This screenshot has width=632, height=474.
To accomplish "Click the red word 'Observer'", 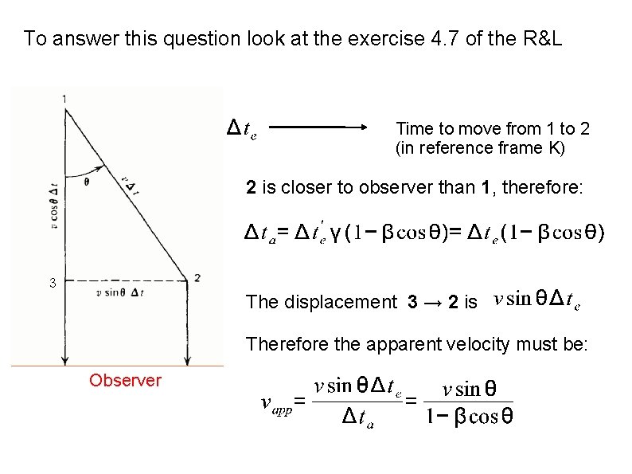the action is click(x=125, y=380).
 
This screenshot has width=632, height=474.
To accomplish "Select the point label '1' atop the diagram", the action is click(x=64, y=98).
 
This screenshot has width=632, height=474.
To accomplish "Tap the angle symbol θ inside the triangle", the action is click(x=85, y=181).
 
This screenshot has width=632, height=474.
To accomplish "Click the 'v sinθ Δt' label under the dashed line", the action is click(x=120, y=293).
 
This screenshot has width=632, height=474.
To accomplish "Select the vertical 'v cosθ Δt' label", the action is click(x=54, y=205).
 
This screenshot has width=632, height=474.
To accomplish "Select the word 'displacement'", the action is click(x=345, y=302).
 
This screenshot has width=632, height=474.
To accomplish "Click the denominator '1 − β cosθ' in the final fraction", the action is click(x=468, y=417).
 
